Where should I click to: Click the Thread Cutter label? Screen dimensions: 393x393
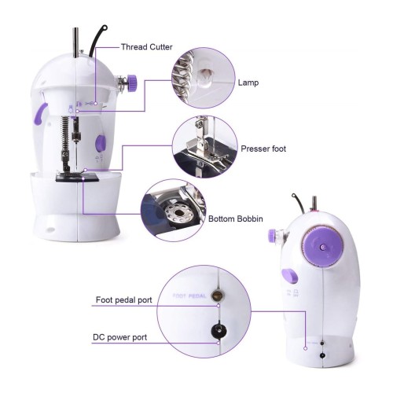146,47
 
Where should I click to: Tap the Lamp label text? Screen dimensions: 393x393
248,83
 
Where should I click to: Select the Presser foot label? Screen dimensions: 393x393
263,149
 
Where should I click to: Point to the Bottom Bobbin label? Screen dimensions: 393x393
236,219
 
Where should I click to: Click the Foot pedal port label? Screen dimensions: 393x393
124,299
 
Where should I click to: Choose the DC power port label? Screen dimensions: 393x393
120,337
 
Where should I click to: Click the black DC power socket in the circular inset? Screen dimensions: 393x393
219,331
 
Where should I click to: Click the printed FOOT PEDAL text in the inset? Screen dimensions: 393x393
189,296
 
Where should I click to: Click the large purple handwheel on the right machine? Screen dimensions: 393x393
322,247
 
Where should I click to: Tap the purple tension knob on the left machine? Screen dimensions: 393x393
131,83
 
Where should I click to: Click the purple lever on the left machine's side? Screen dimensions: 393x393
40,113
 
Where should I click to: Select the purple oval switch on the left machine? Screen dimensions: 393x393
101,143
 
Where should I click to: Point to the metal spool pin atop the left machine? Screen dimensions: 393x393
75,42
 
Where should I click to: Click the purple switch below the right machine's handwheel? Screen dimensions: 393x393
290,276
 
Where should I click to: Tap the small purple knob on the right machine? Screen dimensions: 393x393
272,235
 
